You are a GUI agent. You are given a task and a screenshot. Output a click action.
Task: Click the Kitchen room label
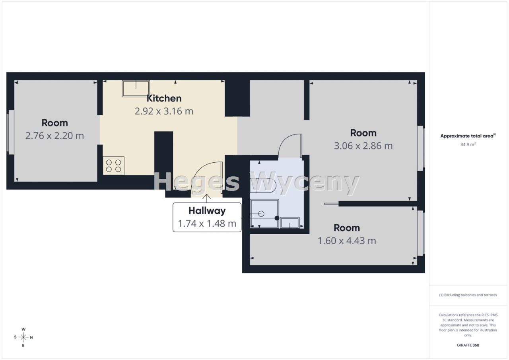coord(164,98)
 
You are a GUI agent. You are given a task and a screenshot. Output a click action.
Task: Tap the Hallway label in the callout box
coord(207,211)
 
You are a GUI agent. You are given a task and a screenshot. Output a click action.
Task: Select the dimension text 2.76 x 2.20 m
coord(54,136)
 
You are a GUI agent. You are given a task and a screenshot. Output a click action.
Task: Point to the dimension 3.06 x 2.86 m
coord(363,146)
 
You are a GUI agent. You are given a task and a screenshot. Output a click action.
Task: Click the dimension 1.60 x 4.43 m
coord(347,241)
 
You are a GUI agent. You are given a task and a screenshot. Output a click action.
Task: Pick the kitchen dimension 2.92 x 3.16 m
coord(164,111)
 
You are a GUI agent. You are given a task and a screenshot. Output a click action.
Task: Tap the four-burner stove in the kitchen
coord(113,166)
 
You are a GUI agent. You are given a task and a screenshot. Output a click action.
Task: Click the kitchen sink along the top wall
coord(136,88)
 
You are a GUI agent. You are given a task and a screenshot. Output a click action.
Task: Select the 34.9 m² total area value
coord(468,144)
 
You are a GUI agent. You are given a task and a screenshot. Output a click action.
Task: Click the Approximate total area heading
coord(468,136)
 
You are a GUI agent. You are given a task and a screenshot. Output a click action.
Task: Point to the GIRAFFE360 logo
coord(468,345)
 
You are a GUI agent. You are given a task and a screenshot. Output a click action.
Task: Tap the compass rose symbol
coord(23,337)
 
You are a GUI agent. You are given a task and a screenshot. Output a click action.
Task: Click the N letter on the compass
coord(31,337)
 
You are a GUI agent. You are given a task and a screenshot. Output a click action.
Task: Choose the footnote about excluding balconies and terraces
coord(468,295)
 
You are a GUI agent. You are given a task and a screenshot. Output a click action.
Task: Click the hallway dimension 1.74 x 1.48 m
coord(207,224)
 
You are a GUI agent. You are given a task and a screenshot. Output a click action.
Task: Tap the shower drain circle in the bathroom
coord(261,214)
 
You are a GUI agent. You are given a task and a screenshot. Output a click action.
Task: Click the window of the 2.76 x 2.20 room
coord(10,132)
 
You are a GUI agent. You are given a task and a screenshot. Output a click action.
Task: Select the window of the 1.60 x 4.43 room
coord(421,233)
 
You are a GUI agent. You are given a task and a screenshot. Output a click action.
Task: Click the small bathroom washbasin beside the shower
coord(290,223)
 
